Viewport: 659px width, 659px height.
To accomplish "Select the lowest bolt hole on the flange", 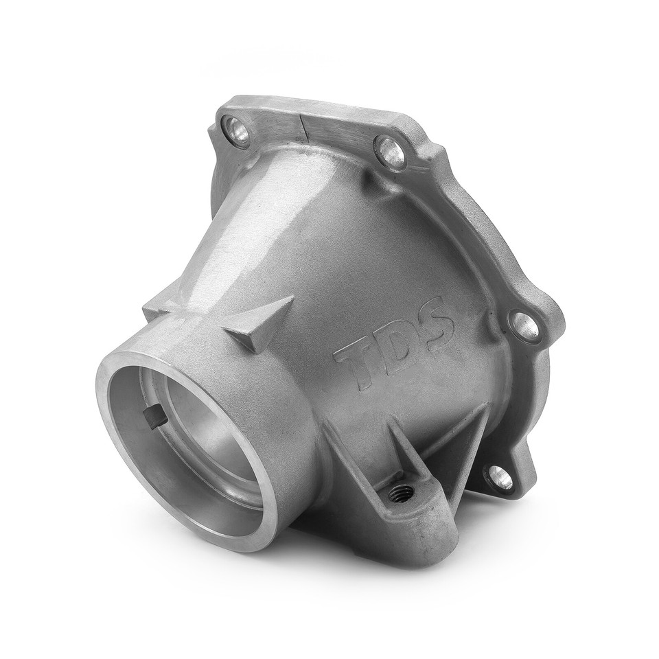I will click(x=503, y=477).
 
